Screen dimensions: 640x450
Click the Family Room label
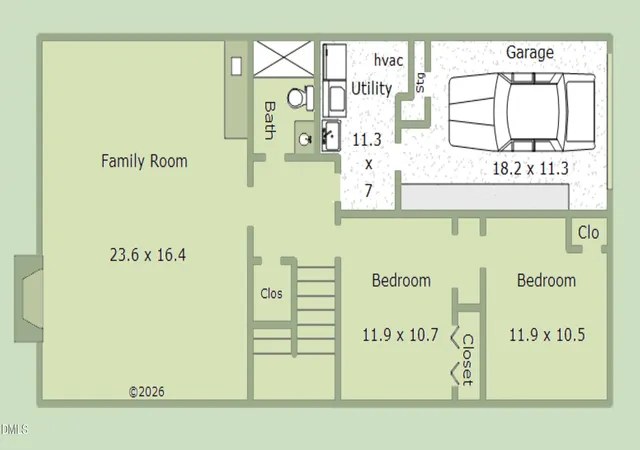click(x=144, y=161)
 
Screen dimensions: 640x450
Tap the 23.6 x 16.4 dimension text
click(x=148, y=255)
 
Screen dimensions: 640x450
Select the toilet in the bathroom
click(x=301, y=98)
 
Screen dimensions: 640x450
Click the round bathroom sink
click(x=305, y=140)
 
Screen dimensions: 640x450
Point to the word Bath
click(x=270, y=120)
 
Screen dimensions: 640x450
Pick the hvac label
click(x=389, y=60)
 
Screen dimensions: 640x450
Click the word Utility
click(x=371, y=88)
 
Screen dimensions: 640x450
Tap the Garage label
click(x=530, y=52)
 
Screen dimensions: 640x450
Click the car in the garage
click(x=522, y=111)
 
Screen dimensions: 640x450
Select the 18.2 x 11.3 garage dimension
click(x=530, y=168)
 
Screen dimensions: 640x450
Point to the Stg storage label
click(x=420, y=83)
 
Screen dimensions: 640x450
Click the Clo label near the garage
click(x=588, y=233)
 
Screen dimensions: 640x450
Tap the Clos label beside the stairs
click(x=271, y=293)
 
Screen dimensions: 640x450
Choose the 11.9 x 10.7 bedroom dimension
click(x=400, y=335)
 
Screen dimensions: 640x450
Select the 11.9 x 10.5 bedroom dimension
click(x=547, y=335)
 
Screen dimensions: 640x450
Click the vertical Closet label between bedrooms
click(x=468, y=360)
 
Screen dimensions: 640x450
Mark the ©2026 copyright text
click(x=147, y=392)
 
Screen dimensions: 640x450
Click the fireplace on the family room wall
click(x=29, y=299)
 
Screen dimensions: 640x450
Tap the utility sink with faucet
click(x=331, y=136)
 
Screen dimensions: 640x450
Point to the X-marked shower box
click(x=284, y=59)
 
